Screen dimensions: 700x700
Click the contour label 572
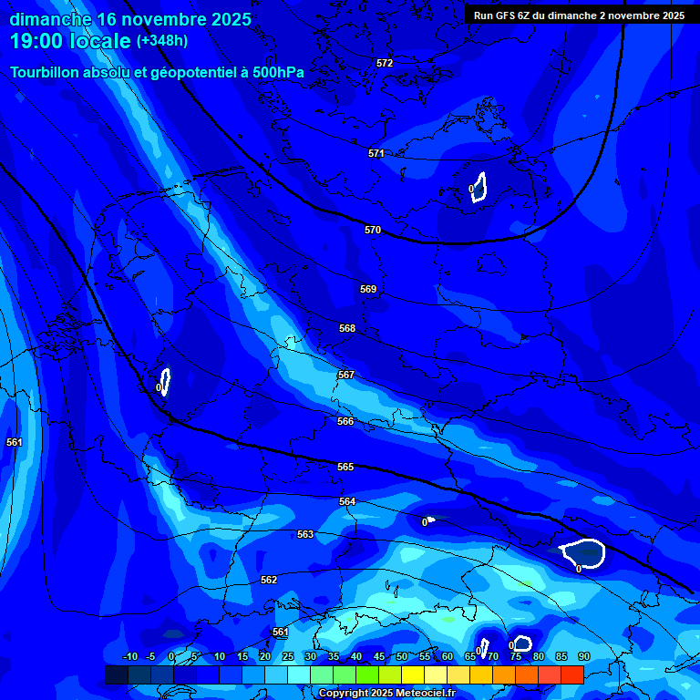(x=385, y=63)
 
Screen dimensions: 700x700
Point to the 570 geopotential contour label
(x=373, y=230)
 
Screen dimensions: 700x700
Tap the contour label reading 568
(x=347, y=328)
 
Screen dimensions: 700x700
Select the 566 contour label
(x=345, y=421)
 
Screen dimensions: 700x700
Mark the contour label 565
(x=345, y=467)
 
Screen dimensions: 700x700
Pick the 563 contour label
(x=305, y=534)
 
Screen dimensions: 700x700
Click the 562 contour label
(x=269, y=580)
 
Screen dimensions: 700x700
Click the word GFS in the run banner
(x=507, y=15)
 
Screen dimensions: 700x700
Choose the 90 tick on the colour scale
(x=583, y=656)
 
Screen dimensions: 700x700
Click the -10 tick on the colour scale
(x=129, y=656)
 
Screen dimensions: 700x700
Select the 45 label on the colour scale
(x=378, y=656)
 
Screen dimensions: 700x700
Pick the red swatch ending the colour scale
(x=571, y=674)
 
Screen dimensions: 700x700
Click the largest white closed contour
(x=583, y=553)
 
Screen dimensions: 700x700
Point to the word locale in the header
(x=98, y=41)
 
